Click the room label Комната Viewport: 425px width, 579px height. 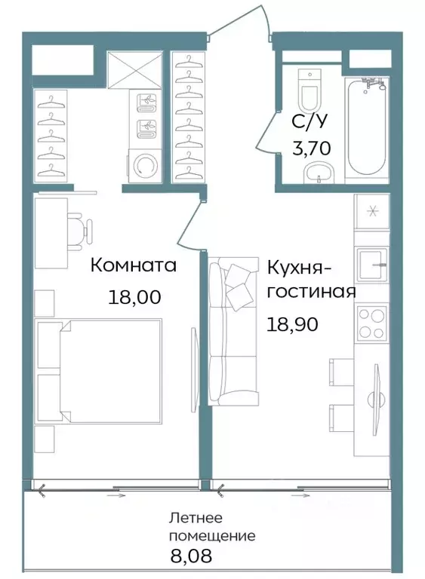[134, 265]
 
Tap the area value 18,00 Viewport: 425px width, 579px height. [135, 296]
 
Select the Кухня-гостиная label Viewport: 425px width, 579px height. [310, 279]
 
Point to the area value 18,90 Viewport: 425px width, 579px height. [291, 324]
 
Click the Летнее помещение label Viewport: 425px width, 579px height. [212, 528]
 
